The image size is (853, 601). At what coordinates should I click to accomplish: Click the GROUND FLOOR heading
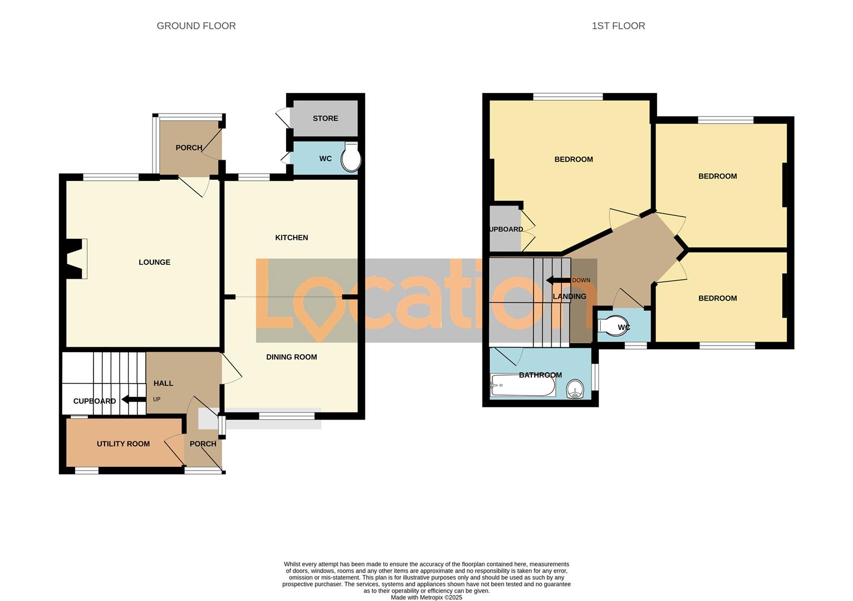(x=196, y=26)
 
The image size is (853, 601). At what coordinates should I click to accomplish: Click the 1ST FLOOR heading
(x=618, y=26)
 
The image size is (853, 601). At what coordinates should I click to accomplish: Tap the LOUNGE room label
(x=154, y=262)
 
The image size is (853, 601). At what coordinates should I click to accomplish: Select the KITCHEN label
(x=292, y=238)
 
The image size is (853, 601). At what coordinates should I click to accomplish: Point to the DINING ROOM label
(x=292, y=357)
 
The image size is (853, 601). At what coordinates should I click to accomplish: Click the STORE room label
(x=326, y=119)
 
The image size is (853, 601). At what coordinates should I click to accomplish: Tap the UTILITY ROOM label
(x=123, y=444)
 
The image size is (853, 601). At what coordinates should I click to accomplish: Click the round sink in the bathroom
(x=575, y=390)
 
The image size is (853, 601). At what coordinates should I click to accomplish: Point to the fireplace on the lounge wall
(x=76, y=259)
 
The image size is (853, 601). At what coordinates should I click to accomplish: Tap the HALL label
(x=163, y=383)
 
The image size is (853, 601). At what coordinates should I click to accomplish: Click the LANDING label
(x=569, y=296)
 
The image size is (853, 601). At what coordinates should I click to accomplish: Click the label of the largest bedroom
(x=573, y=159)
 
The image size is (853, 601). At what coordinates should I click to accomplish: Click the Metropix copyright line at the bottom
(x=426, y=597)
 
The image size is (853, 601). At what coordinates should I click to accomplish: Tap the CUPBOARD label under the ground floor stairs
(x=95, y=401)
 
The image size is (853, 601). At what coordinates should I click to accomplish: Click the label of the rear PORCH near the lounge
(x=189, y=147)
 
